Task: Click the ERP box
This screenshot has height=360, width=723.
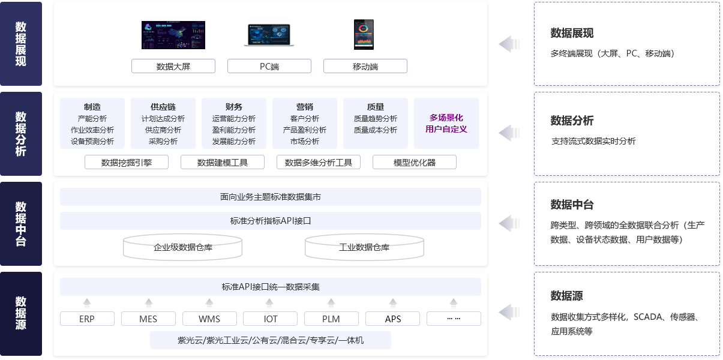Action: click(87, 319)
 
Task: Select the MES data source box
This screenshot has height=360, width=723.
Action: click(148, 319)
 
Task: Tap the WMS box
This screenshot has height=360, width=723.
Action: click(209, 319)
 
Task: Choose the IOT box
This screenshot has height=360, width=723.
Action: click(270, 319)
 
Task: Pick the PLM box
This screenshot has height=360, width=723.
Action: click(331, 319)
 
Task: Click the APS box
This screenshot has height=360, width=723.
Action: click(392, 319)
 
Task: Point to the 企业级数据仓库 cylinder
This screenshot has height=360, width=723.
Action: click(182, 247)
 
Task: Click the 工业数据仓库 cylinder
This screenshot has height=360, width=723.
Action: click(364, 247)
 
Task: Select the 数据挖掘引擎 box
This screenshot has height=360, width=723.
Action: click(127, 162)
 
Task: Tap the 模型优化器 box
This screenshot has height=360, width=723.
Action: click(415, 162)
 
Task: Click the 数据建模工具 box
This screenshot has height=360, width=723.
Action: click(223, 162)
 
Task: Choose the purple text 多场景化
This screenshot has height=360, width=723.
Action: click(446, 118)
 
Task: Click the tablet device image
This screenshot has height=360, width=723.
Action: click(364, 35)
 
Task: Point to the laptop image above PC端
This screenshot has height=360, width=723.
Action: click(269, 34)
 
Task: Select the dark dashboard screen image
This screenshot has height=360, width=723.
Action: click(173, 35)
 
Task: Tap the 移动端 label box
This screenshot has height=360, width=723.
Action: click(365, 66)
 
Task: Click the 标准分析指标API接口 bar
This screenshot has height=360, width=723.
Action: click(271, 221)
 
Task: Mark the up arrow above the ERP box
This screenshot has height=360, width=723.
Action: click(87, 302)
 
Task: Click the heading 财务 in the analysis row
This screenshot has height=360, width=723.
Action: click(233, 107)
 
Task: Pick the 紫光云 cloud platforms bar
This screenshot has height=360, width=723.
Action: click(271, 340)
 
